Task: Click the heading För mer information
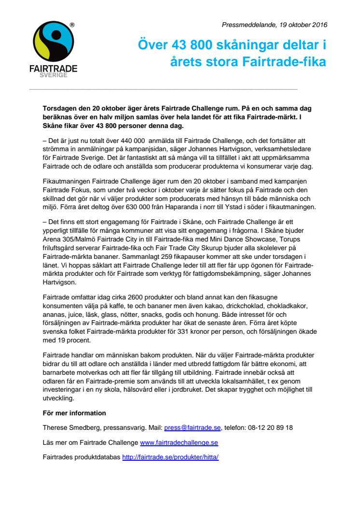point(74,413)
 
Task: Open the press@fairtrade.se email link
point(192,427)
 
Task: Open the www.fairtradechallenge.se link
point(179,442)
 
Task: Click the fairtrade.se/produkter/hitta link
point(170,456)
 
